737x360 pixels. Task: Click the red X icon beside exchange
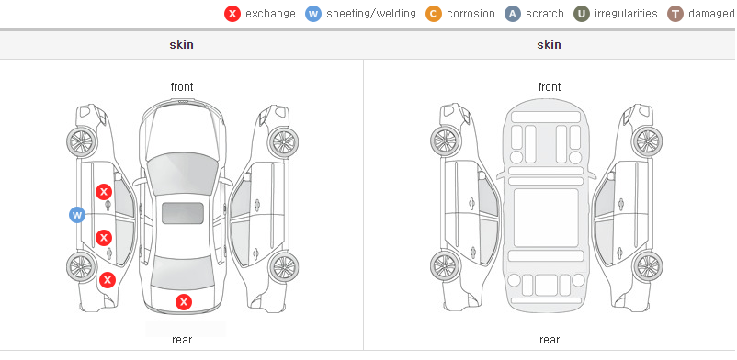232,14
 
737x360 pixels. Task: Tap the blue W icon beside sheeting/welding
313,14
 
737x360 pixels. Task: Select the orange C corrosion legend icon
434,14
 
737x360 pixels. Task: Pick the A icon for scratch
513,14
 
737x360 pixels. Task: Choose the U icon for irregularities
582,14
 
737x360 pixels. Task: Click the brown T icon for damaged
675,14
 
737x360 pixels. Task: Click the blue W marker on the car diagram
77,215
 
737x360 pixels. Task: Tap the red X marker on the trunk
184,302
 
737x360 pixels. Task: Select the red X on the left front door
104,192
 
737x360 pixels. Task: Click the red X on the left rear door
104,238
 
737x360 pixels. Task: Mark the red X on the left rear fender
108,280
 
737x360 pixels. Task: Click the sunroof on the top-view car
183,213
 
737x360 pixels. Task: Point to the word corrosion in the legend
471,14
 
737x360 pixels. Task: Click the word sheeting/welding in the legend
371,14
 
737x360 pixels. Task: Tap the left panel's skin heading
181,45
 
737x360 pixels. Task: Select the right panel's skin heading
549,45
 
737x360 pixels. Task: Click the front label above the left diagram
182,87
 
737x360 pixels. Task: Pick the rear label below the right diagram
550,339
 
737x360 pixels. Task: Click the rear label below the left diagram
182,339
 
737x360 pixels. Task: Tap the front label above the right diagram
550,87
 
